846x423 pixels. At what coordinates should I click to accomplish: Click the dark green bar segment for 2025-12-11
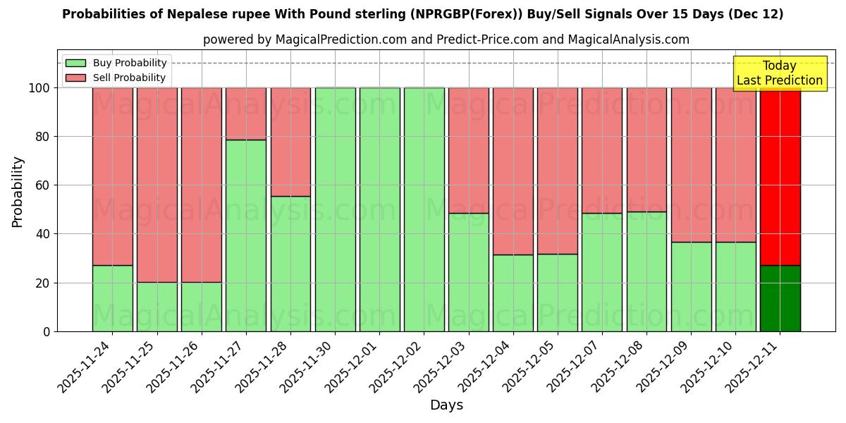coord(780,298)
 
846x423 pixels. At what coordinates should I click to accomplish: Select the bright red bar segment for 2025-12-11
coord(780,176)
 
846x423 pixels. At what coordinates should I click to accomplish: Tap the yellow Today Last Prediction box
coord(780,73)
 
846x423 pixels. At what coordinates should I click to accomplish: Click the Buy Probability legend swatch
coord(75,63)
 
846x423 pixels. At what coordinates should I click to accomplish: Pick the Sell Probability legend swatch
coord(75,78)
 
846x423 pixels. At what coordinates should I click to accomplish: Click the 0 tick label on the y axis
coord(47,331)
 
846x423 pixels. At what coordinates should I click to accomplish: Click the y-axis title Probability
coord(18,192)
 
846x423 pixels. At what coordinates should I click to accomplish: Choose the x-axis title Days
coord(446,405)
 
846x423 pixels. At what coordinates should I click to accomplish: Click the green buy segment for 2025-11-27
coord(246,235)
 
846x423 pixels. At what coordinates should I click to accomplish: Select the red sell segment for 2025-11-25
coord(157,185)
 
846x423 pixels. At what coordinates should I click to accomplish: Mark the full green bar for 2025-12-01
coord(379,209)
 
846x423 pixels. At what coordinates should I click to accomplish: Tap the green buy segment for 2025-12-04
coord(513,293)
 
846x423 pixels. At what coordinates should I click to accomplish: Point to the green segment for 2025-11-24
coord(112,298)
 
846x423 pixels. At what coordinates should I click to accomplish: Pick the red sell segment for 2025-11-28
coord(290,142)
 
